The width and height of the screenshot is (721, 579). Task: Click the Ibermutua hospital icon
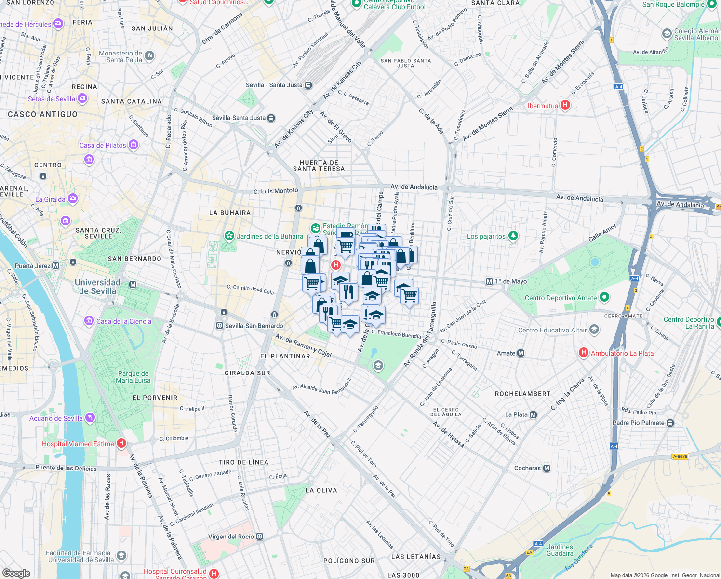click(566, 105)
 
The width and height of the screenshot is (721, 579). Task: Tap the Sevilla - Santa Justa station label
click(274, 85)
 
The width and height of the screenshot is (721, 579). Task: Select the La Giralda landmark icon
click(73, 198)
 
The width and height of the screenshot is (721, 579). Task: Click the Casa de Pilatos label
click(103, 145)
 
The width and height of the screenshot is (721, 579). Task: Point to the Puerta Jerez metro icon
click(56, 266)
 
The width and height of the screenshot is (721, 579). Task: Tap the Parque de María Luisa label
click(133, 377)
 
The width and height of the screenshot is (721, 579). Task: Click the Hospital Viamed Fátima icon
click(121, 443)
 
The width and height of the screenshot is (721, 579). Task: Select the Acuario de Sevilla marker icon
click(90, 418)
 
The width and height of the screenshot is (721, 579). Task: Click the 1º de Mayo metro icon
click(490, 281)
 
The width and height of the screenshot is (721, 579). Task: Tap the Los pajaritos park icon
click(513, 236)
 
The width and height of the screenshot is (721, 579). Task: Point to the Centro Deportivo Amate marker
click(604, 297)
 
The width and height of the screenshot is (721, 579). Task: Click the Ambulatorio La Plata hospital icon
click(584, 353)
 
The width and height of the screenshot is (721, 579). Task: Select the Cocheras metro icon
click(547, 468)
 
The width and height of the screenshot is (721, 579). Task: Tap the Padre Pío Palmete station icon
click(670, 423)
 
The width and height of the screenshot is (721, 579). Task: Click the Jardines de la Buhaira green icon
click(229, 236)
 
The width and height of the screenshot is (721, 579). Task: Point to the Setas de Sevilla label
click(52, 99)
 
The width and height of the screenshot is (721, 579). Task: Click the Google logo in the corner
click(16, 573)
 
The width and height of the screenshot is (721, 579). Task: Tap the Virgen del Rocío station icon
click(260, 537)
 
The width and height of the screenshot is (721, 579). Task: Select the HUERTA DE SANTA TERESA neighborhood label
click(319, 166)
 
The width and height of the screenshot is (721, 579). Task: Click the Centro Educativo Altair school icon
click(594, 330)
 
